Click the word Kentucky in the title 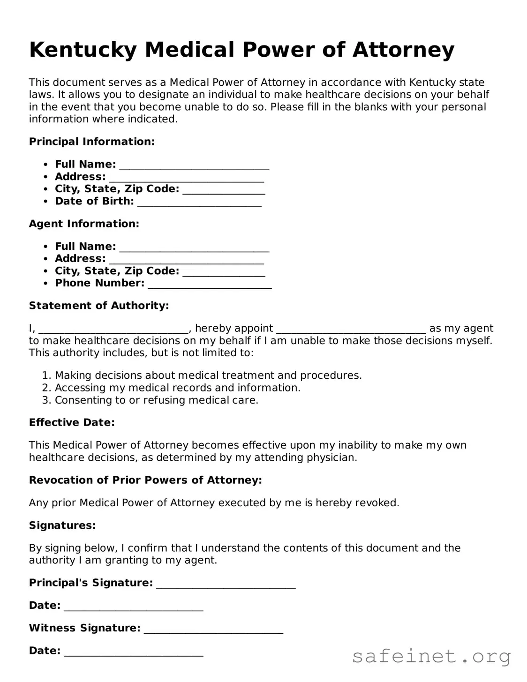click(83, 50)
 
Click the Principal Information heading click(92, 142)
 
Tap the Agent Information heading click(84, 224)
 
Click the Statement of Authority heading click(99, 306)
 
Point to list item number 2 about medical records click(177, 388)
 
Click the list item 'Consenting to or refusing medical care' click(156, 400)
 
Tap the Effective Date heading click(72, 422)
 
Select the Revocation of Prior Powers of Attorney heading click(145, 480)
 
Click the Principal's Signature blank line click(226, 584)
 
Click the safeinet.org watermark click(431, 656)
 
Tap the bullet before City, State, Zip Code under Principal click(45, 189)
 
